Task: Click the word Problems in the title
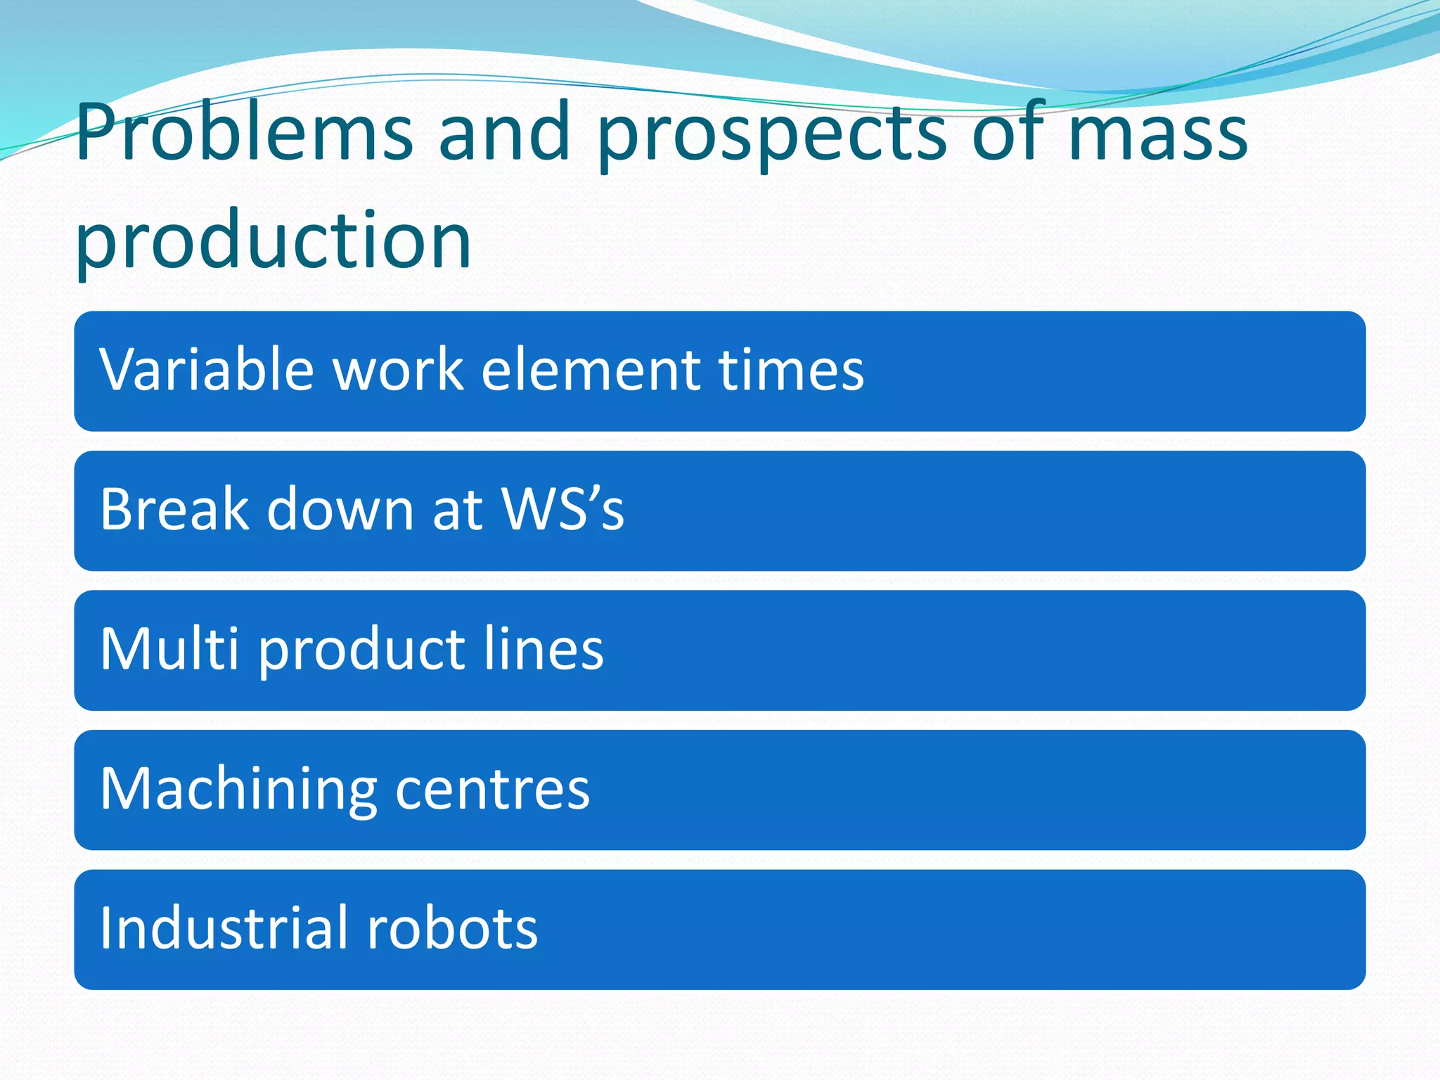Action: click(x=244, y=134)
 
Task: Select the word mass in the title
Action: click(x=1157, y=134)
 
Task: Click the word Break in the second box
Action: click(x=174, y=509)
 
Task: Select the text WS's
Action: click(x=562, y=509)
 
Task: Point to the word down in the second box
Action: click(x=340, y=509)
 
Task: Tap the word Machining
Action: click(x=239, y=789)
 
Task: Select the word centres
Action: click(x=492, y=789)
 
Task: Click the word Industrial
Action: click(x=224, y=928)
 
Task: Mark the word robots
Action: click(x=453, y=928)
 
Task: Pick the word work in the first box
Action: click(x=398, y=370)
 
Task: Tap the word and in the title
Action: click(x=503, y=134)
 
